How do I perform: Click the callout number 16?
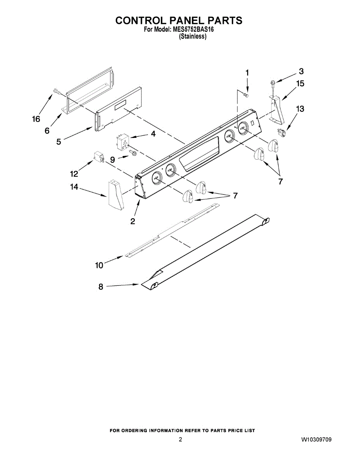pos(36,119)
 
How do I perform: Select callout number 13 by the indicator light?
pos(300,109)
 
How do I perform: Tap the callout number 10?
pos(99,265)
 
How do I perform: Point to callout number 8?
pos(101,287)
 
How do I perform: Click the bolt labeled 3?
pos(272,83)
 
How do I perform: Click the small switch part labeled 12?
pos(99,157)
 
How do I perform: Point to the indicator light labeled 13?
pos(282,132)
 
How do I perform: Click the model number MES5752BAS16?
pos(192,30)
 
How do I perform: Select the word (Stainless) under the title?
pos(192,37)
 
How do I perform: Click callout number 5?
pos(59,142)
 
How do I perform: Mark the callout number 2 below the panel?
pos(133,221)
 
